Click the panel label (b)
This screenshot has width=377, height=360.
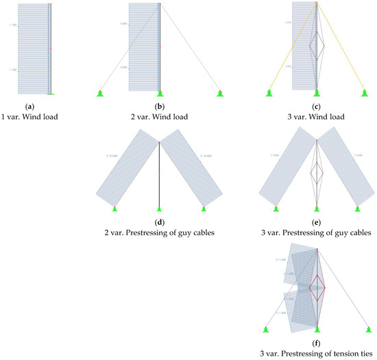tap(159, 106)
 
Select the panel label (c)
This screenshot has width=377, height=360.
tap(316, 106)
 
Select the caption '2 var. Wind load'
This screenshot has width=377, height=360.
tap(159, 117)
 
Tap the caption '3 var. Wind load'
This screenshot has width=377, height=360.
tap(316, 117)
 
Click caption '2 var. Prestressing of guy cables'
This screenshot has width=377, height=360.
tap(159, 233)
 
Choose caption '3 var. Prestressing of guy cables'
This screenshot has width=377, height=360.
tap(316, 233)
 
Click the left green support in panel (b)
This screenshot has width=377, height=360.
tap(100, 93)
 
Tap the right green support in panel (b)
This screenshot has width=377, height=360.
tap(219, 93)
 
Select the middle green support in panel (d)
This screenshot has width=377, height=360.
tap(159, 208)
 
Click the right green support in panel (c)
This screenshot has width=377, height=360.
tap(363, 93)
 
